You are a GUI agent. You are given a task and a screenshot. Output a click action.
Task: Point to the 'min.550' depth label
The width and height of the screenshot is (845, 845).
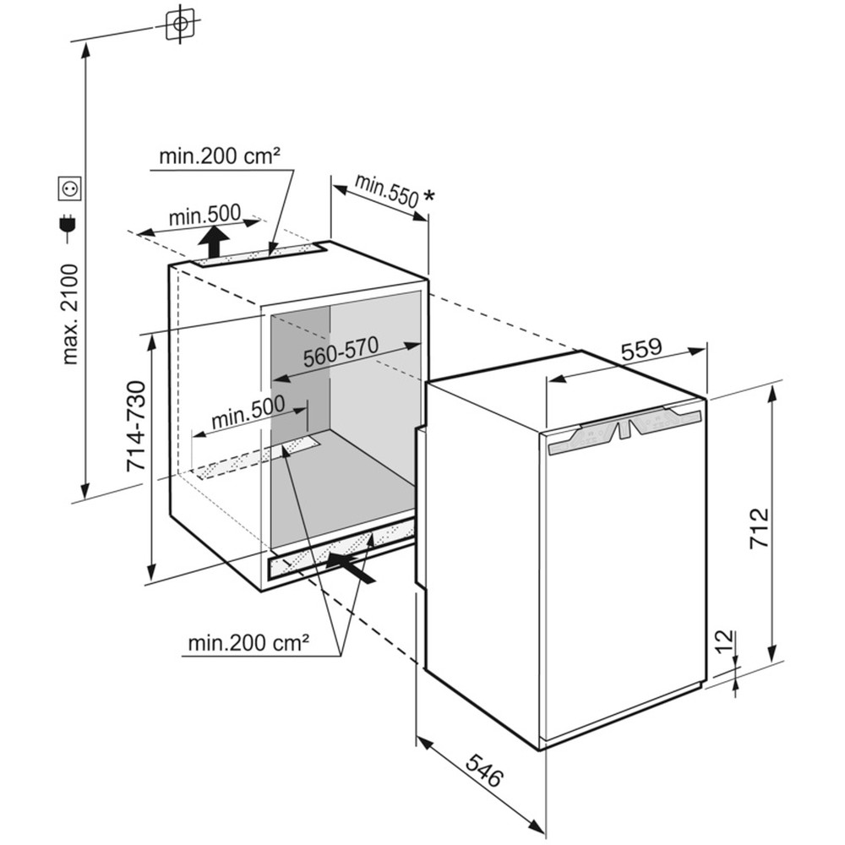pos(385,191)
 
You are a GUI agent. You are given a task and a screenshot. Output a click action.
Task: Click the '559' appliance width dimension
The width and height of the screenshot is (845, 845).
pos(641,349)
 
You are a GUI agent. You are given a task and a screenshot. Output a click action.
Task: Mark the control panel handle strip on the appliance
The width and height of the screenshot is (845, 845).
pos(624,428)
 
